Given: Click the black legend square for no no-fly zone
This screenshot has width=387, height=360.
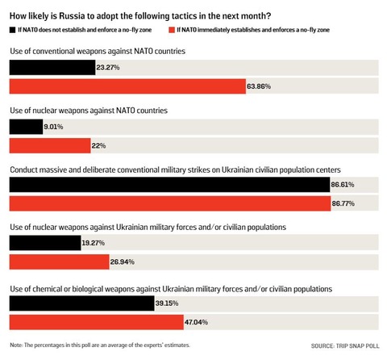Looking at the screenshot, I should tap(11, 29).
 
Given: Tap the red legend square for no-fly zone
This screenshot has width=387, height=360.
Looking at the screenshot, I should tap(172, 29).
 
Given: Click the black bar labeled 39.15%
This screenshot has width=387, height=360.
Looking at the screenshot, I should tap(81, 303).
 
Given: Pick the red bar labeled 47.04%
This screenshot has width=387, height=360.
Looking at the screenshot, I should tap(97, 321).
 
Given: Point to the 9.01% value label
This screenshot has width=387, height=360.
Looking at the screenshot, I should tap(54, 127).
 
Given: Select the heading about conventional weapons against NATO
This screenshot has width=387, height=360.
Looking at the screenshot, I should tap(98, 51).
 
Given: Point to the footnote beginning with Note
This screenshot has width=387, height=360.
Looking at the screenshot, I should tap(101, 345).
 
